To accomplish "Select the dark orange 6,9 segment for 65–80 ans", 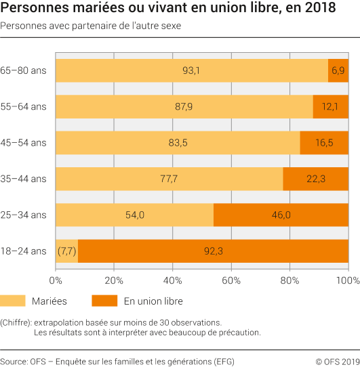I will click(x=338, y=70).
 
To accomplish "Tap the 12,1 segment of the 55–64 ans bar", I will click(x=330, y=106).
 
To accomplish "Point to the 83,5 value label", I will click(x=178, y=142).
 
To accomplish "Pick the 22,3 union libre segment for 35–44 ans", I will click(x=315, y=178).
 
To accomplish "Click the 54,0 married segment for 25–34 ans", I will click(x=134, y=215).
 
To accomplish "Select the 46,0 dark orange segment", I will click(x=281, y=215).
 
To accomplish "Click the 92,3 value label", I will click(x=214, y=251).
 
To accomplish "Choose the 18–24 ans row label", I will click(x=24, y=251).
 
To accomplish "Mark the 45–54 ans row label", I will click(x=24, y=142).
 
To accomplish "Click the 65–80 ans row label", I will click(x=24, y=70).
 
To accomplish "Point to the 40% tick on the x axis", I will click(x=173, y=280).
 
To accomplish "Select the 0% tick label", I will click(x=57, y=280).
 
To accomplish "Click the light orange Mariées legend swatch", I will click(x=22, y=301).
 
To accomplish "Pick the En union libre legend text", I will click(x=153, y=301).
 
